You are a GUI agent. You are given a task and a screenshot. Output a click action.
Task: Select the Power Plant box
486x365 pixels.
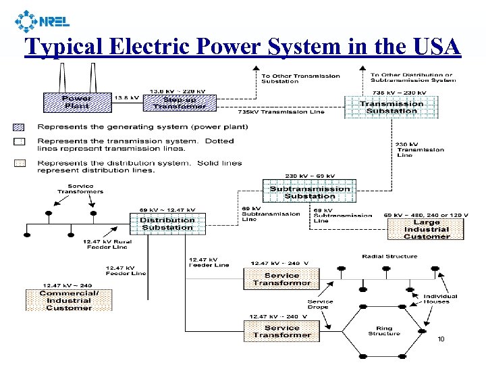77,102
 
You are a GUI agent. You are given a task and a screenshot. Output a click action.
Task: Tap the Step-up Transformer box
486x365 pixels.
179,102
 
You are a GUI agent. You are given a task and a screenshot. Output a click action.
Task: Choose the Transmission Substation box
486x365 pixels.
391,107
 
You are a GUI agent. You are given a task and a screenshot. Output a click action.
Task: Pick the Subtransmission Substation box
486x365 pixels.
310,192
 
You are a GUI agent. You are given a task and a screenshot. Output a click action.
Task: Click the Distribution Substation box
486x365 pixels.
167,224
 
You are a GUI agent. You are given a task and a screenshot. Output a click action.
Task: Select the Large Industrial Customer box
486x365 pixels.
426,229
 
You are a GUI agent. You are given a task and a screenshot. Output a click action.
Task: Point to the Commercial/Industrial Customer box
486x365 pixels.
69,300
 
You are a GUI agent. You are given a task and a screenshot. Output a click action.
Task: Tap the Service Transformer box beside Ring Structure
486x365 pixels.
281,331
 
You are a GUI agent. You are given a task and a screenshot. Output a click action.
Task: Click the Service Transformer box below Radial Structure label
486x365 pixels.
281,279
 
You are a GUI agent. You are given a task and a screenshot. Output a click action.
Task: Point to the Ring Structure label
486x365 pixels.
384,330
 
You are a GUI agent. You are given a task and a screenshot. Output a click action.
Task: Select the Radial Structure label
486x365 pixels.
389,257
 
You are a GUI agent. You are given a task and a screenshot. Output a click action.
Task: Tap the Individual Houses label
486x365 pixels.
440,299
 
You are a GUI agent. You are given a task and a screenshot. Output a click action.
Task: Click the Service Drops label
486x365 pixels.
320,304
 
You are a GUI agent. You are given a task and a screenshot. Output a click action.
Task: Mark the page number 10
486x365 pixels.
441,339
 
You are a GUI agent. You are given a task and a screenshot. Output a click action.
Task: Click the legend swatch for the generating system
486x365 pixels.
18,127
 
